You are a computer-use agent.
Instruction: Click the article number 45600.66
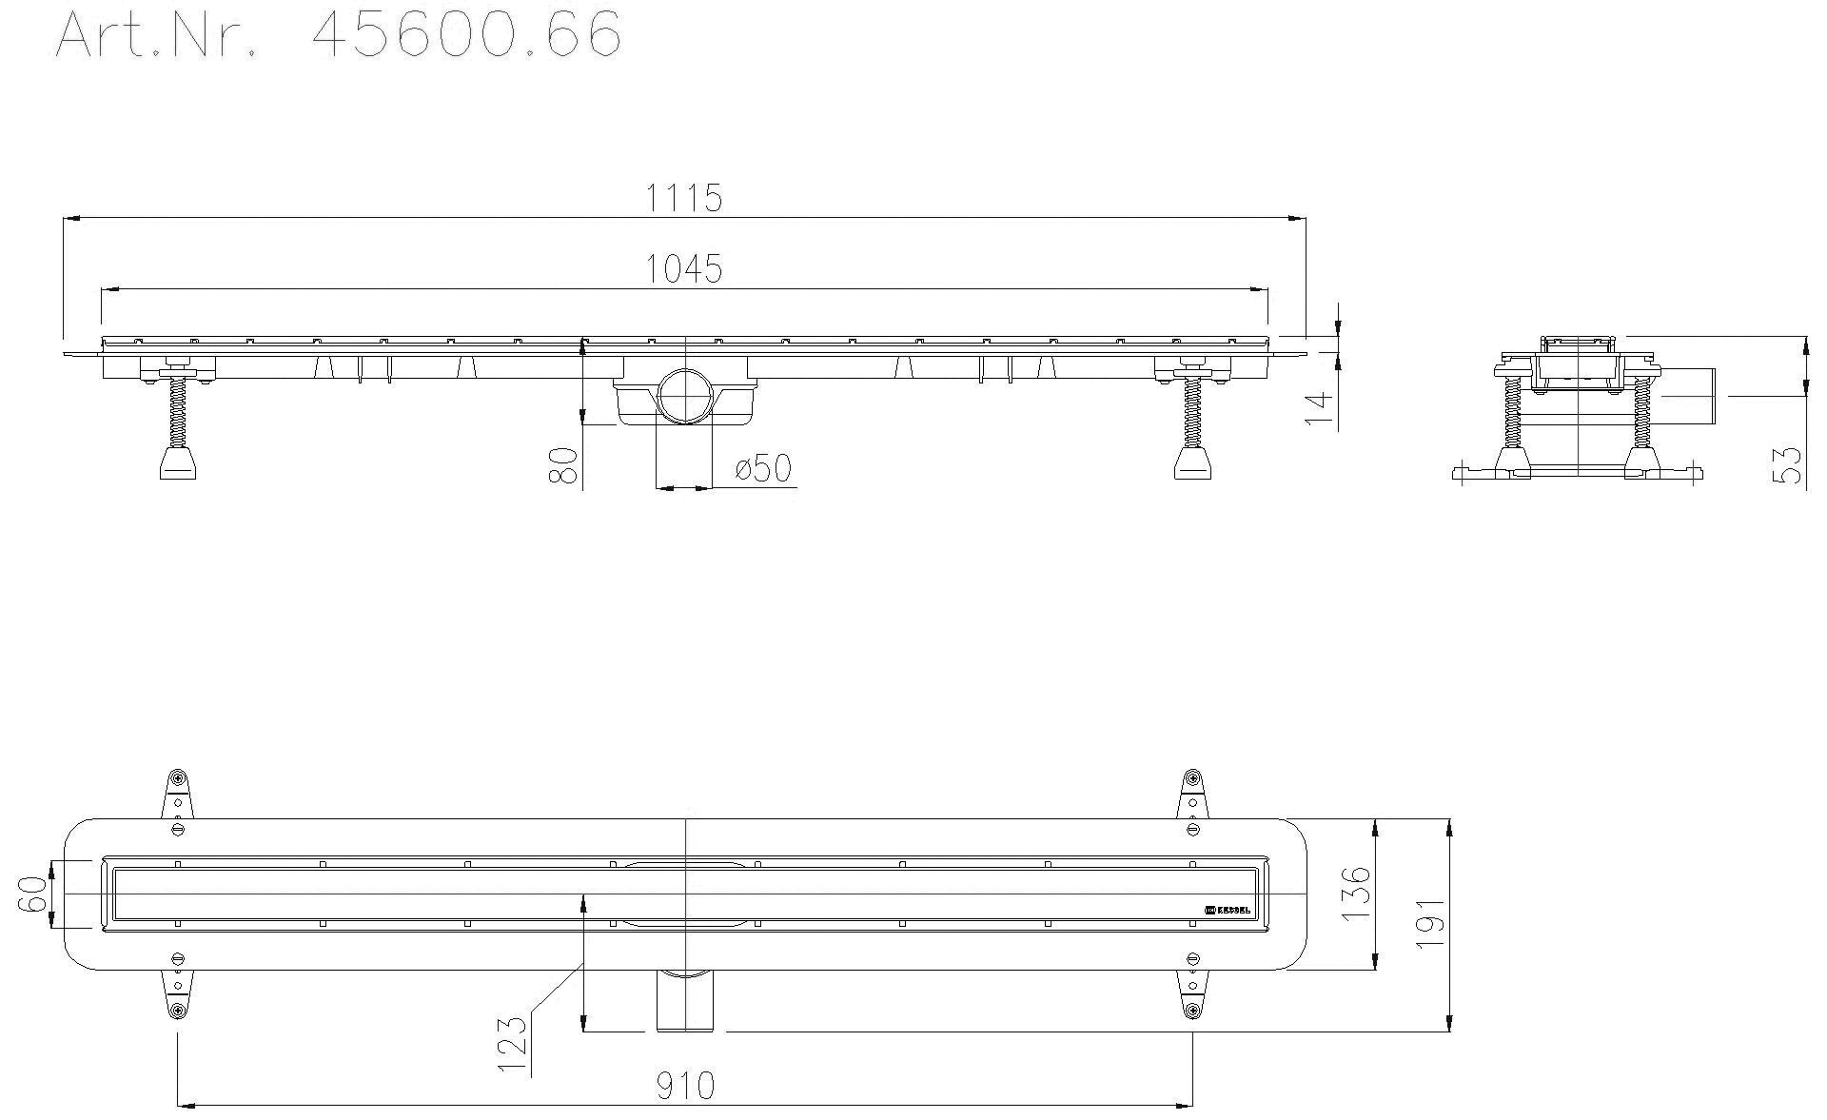click(x=466, y=36)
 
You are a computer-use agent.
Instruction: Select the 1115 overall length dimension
click(x=684, y=198)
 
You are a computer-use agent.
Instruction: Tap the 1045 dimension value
click(x=684, y=269)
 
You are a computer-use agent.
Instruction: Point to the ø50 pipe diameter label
click(x=763, y=468)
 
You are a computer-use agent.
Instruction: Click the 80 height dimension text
click(x=565, y=466)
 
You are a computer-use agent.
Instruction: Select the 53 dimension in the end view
click(x=1790, y=465)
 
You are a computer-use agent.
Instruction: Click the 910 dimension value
click(x=684, y=1085)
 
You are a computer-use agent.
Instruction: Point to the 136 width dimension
click(x=1355, y=891)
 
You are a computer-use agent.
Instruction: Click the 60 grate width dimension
click(x=33, y=894)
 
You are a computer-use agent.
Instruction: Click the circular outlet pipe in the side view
click(x=683, y=395)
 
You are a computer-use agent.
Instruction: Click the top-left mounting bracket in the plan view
click(x=177, y=794)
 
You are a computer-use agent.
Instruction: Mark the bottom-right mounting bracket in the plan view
click(x=1191, y=994)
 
